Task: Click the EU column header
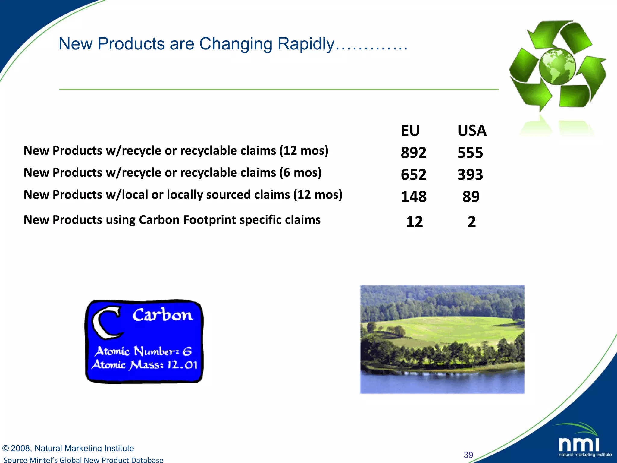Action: point(410,131)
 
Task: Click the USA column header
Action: point(472,131)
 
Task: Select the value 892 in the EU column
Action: point(413,153)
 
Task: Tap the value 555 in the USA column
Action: point(470,153)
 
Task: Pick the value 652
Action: point(413,175)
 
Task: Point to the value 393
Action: point(470,175)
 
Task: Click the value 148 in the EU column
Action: point(414,197)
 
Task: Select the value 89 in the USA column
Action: point(471,197)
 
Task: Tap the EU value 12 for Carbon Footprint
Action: point(415,222)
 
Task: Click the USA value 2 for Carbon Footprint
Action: point(472,222)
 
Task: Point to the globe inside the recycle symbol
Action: point(557,66)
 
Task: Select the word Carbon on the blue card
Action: point(162,315)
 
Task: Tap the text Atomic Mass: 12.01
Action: point(145,365)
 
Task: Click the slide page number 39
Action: point(468,455)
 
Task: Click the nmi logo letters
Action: point(579,445)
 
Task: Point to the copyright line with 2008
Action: point(68,448)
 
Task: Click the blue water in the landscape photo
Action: point(442,383)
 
